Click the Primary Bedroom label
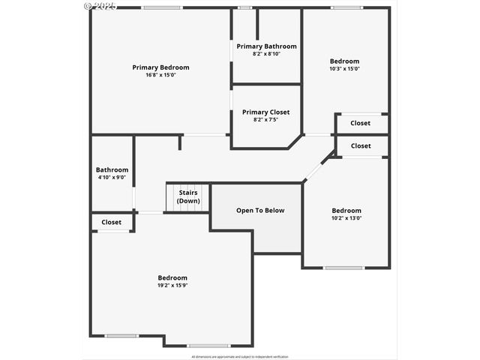pyautogui.click(x=160, y=67)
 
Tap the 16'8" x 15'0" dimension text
pyautogui.click(x=160, y=75)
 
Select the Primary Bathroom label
pyautogui.click(x=266, y=46)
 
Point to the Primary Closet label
pyautogui.click(x=265, y=112)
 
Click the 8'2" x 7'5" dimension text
pyautogui.click(x=265, y=120)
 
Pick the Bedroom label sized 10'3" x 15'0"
pyautogui.click(x=344, y=61)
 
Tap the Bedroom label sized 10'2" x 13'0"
pyautogui.click(x=346, y=211)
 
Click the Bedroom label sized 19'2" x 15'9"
pyautogui.click(x=172, y=277)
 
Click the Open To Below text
pyautogui.click(x=260, y=211)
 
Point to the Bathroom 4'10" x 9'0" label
pyautogui.click(x=112, y=169)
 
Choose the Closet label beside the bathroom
pyautogui.click(x=112, y=222)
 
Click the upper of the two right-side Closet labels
pyautogui.click(x=360, y=123)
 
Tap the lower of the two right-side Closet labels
pyautogui.click(x=360, y=145)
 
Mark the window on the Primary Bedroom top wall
pyautogui.click(x=162, y=7)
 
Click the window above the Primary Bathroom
pyautogui.click(x=244, y=7)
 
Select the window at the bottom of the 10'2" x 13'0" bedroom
pyautogui.click(x=343, y=268)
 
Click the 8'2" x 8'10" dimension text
pyautogui.click(x=266, y=54)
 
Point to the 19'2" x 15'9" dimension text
pyautogui.click(x=172, y=285)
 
